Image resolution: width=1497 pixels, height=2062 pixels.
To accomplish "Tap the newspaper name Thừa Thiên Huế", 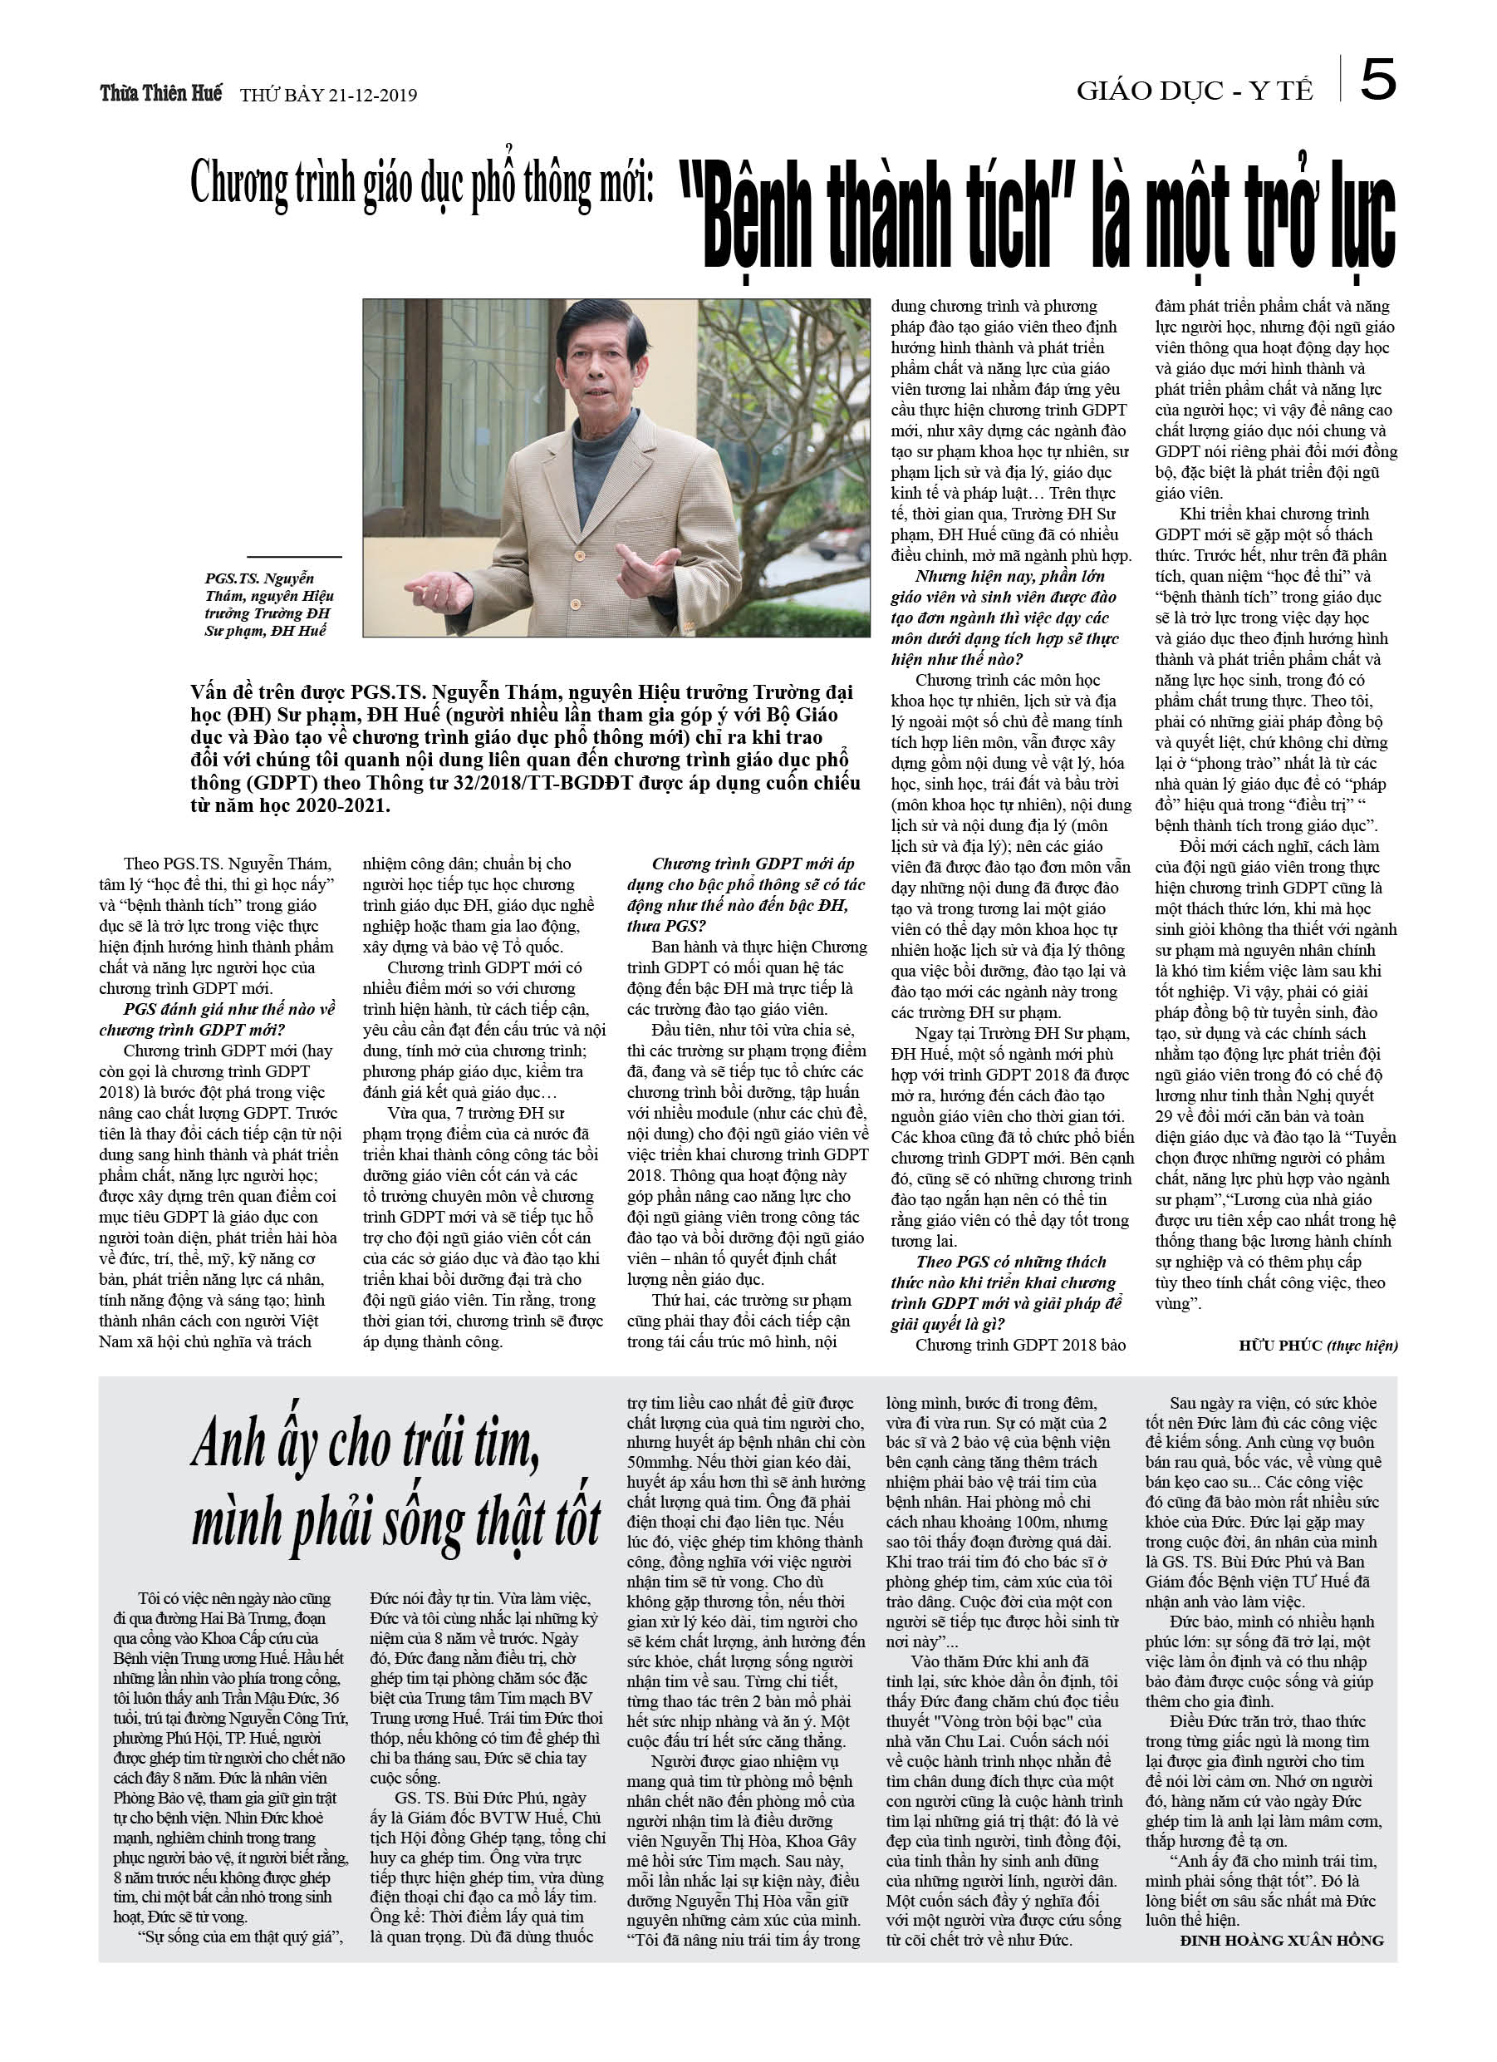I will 161,94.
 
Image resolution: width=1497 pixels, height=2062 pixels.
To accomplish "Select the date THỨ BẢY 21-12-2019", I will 328,96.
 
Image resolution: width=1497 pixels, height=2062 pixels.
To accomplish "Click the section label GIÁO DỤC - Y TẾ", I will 1195,91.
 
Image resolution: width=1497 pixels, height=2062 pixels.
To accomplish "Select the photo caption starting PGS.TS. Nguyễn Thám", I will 268,604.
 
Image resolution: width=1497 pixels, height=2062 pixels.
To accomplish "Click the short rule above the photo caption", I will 293,556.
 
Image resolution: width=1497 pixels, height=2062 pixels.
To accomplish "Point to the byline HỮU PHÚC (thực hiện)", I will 1317,1346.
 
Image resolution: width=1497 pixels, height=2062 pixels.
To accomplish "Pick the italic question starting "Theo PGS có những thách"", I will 1011,1262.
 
